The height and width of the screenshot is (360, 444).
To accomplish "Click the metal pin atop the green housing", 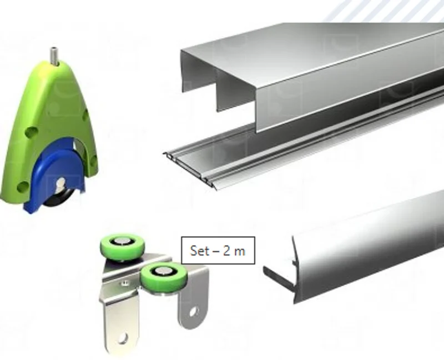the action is (x=53, y=56).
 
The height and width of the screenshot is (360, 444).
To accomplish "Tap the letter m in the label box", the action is (x=239, y=252).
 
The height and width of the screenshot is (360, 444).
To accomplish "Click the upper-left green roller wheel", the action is (x=123, y=246).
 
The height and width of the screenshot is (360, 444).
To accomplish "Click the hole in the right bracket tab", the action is (x=194, y=312).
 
